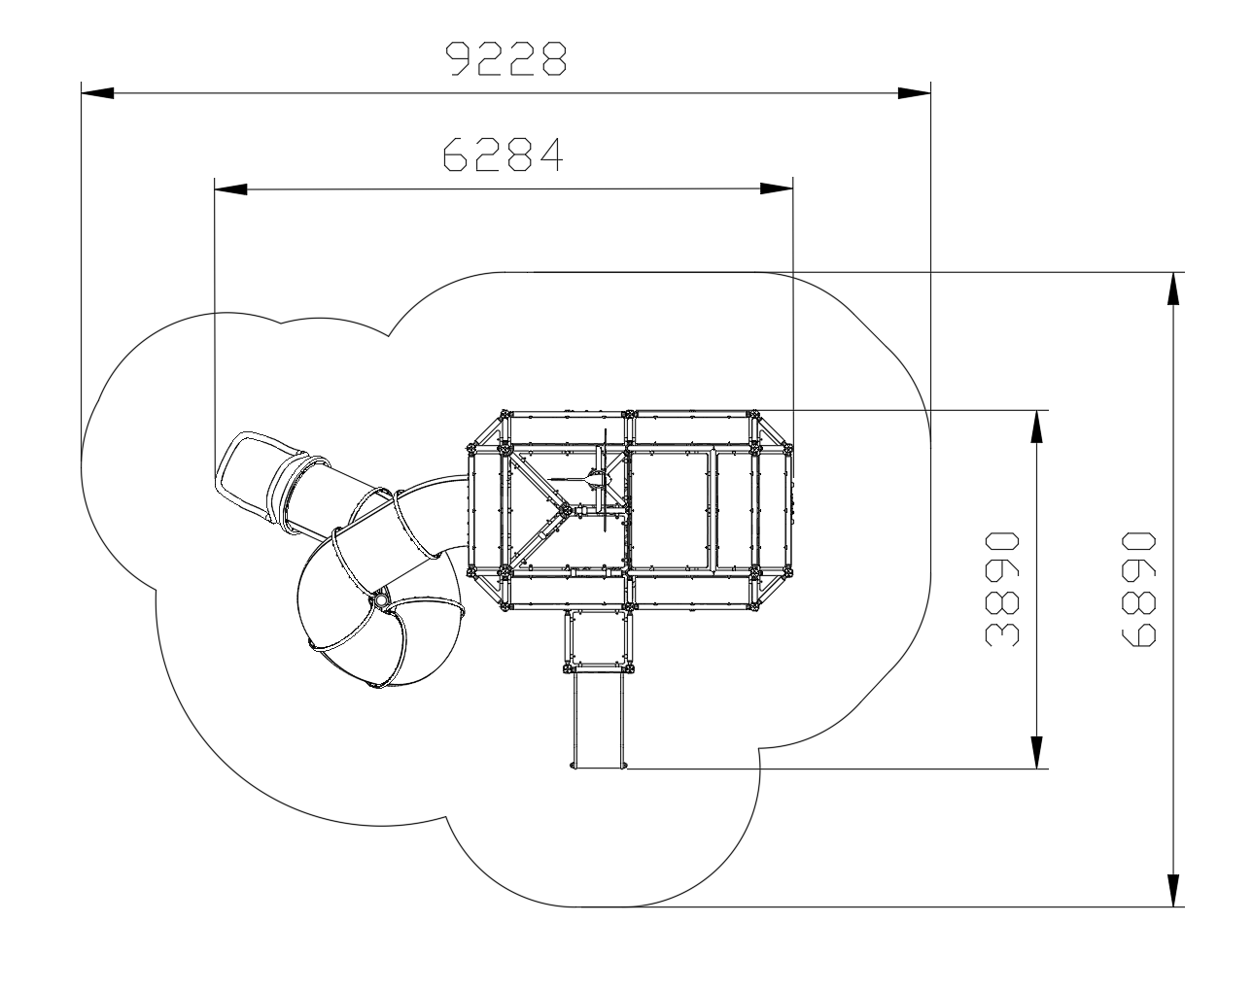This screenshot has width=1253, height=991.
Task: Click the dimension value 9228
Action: point(506,58)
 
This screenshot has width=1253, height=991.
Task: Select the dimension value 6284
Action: point(504,154)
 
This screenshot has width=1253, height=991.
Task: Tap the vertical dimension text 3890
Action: point(1002,589)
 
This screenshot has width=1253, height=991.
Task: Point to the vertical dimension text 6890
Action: point(1138,589)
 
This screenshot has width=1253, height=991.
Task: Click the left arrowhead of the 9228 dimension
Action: point(97,93)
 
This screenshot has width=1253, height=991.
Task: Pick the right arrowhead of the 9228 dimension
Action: point(914,93)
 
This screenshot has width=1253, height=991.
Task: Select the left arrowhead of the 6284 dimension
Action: point(230,189)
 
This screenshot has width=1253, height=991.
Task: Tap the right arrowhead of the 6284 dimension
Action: point(777,188)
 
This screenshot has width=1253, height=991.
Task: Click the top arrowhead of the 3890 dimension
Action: point(1036,427)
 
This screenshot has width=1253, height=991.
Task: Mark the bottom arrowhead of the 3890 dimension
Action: point(1036,752)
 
